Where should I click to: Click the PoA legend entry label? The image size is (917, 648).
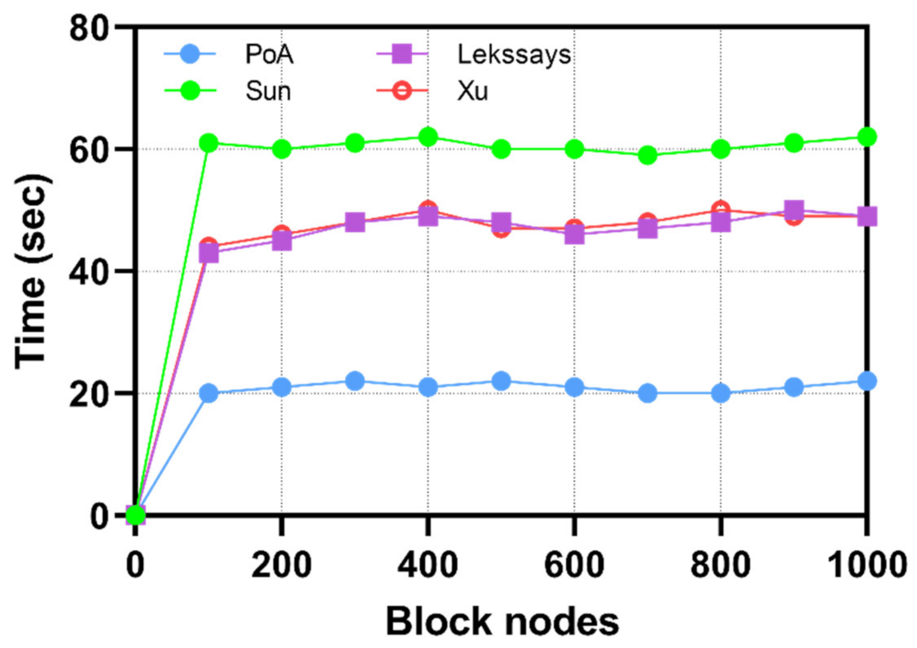269,54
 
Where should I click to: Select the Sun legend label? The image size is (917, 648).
268,91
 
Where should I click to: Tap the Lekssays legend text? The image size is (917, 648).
514,55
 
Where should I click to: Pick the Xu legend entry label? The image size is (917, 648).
472,91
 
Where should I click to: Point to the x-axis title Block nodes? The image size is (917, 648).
502,621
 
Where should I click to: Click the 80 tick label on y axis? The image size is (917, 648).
89,28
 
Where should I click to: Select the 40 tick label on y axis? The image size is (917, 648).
89,271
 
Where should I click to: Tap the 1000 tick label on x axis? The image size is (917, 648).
866,564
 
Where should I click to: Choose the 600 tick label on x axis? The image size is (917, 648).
574,564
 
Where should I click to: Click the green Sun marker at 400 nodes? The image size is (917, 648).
428,137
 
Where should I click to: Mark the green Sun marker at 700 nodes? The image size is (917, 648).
647,155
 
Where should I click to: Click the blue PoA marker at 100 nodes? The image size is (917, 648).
208,393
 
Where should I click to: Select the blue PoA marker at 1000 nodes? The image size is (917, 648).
867,381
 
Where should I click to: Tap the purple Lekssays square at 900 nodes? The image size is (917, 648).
794,210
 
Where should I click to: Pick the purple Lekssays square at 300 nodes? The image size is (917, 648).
355,222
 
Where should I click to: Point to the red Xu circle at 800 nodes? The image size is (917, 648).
720,209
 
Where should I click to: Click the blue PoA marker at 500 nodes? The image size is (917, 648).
501,381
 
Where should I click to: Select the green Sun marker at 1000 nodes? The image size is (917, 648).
867,137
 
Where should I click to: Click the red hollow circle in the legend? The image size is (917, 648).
402,91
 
